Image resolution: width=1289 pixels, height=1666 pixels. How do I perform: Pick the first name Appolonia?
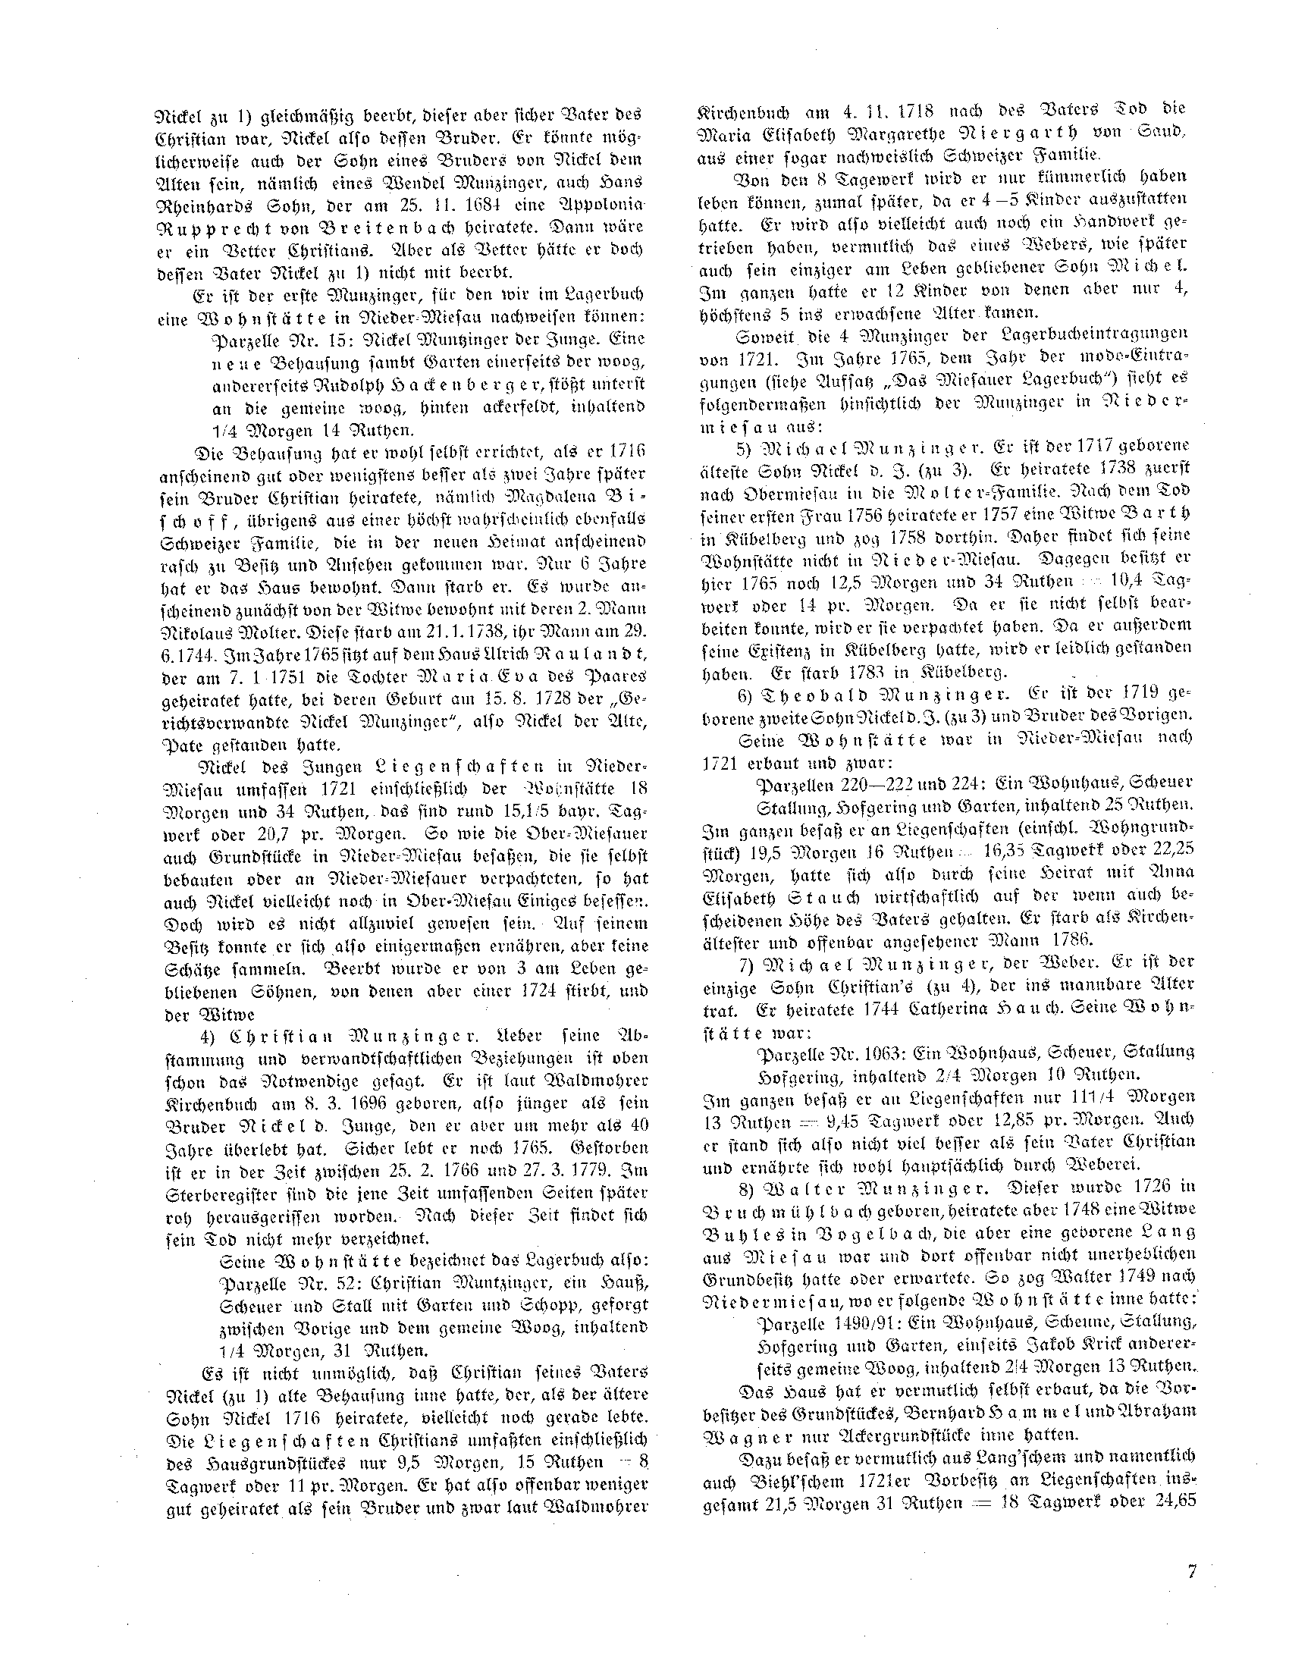pyautogui.click(x=607, y=206)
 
